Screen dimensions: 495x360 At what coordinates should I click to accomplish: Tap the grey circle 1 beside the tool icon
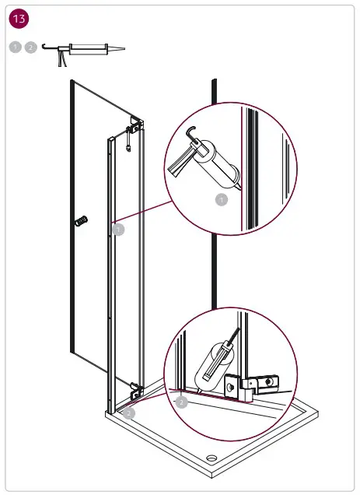click(16, 47)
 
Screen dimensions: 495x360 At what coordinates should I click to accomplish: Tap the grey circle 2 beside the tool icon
click(30, 47)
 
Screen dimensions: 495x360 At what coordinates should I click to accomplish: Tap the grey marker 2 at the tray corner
click(129, 413)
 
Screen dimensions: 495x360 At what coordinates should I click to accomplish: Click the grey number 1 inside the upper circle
click(222, 200)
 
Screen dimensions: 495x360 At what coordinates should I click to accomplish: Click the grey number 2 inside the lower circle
click(181, 402)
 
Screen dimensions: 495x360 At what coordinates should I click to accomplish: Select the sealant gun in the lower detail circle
click(213, 362)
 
